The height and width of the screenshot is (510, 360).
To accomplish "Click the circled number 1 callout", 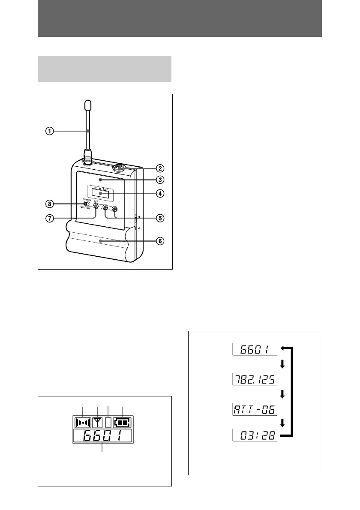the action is [x=50, y=132].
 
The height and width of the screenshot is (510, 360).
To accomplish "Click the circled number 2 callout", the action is [x=159, y=168].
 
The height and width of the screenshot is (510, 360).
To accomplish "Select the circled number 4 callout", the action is [x=159, y=193].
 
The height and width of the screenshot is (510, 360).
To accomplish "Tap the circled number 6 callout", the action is [x=159, y=241].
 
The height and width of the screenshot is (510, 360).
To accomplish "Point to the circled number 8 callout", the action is [x=50, y=202].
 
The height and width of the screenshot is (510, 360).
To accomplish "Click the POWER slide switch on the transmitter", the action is [x=87, y=204].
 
